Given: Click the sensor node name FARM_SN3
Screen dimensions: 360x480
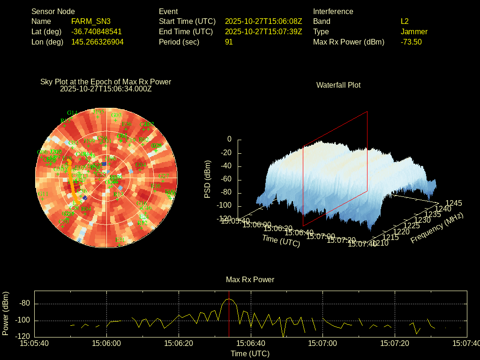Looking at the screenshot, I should tap(91, 21).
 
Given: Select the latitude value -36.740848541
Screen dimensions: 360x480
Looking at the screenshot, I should tap(97, 31).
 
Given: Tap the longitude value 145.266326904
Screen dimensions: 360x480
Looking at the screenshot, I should tap(97, 42).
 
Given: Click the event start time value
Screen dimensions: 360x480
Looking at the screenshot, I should tap(263, 21).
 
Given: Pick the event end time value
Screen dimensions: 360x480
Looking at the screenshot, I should tap(263, 31).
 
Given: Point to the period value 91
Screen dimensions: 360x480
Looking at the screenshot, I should tap(229, 42).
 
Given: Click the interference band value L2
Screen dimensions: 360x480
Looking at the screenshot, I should tap(405, 21).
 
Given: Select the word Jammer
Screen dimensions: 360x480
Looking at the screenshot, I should tap(414, 31).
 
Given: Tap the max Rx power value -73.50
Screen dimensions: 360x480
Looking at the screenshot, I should tap(411, 42).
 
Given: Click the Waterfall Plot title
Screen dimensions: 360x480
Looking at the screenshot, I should tap(338, 85).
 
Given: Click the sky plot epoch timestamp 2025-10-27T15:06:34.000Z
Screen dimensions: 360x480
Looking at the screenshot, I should tap(106, 89).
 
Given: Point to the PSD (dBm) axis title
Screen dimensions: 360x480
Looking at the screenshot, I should tap(208, 179).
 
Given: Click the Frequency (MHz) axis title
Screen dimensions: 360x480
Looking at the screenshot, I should tap(437, 228).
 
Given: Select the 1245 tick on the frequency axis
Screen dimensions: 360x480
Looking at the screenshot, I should tap(453, 203).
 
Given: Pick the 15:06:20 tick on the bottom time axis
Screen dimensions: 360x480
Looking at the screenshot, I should tap(179, 344).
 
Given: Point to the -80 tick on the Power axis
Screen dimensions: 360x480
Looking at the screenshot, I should tap(24, 303).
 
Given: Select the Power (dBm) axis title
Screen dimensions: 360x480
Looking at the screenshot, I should tap(6, 313).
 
